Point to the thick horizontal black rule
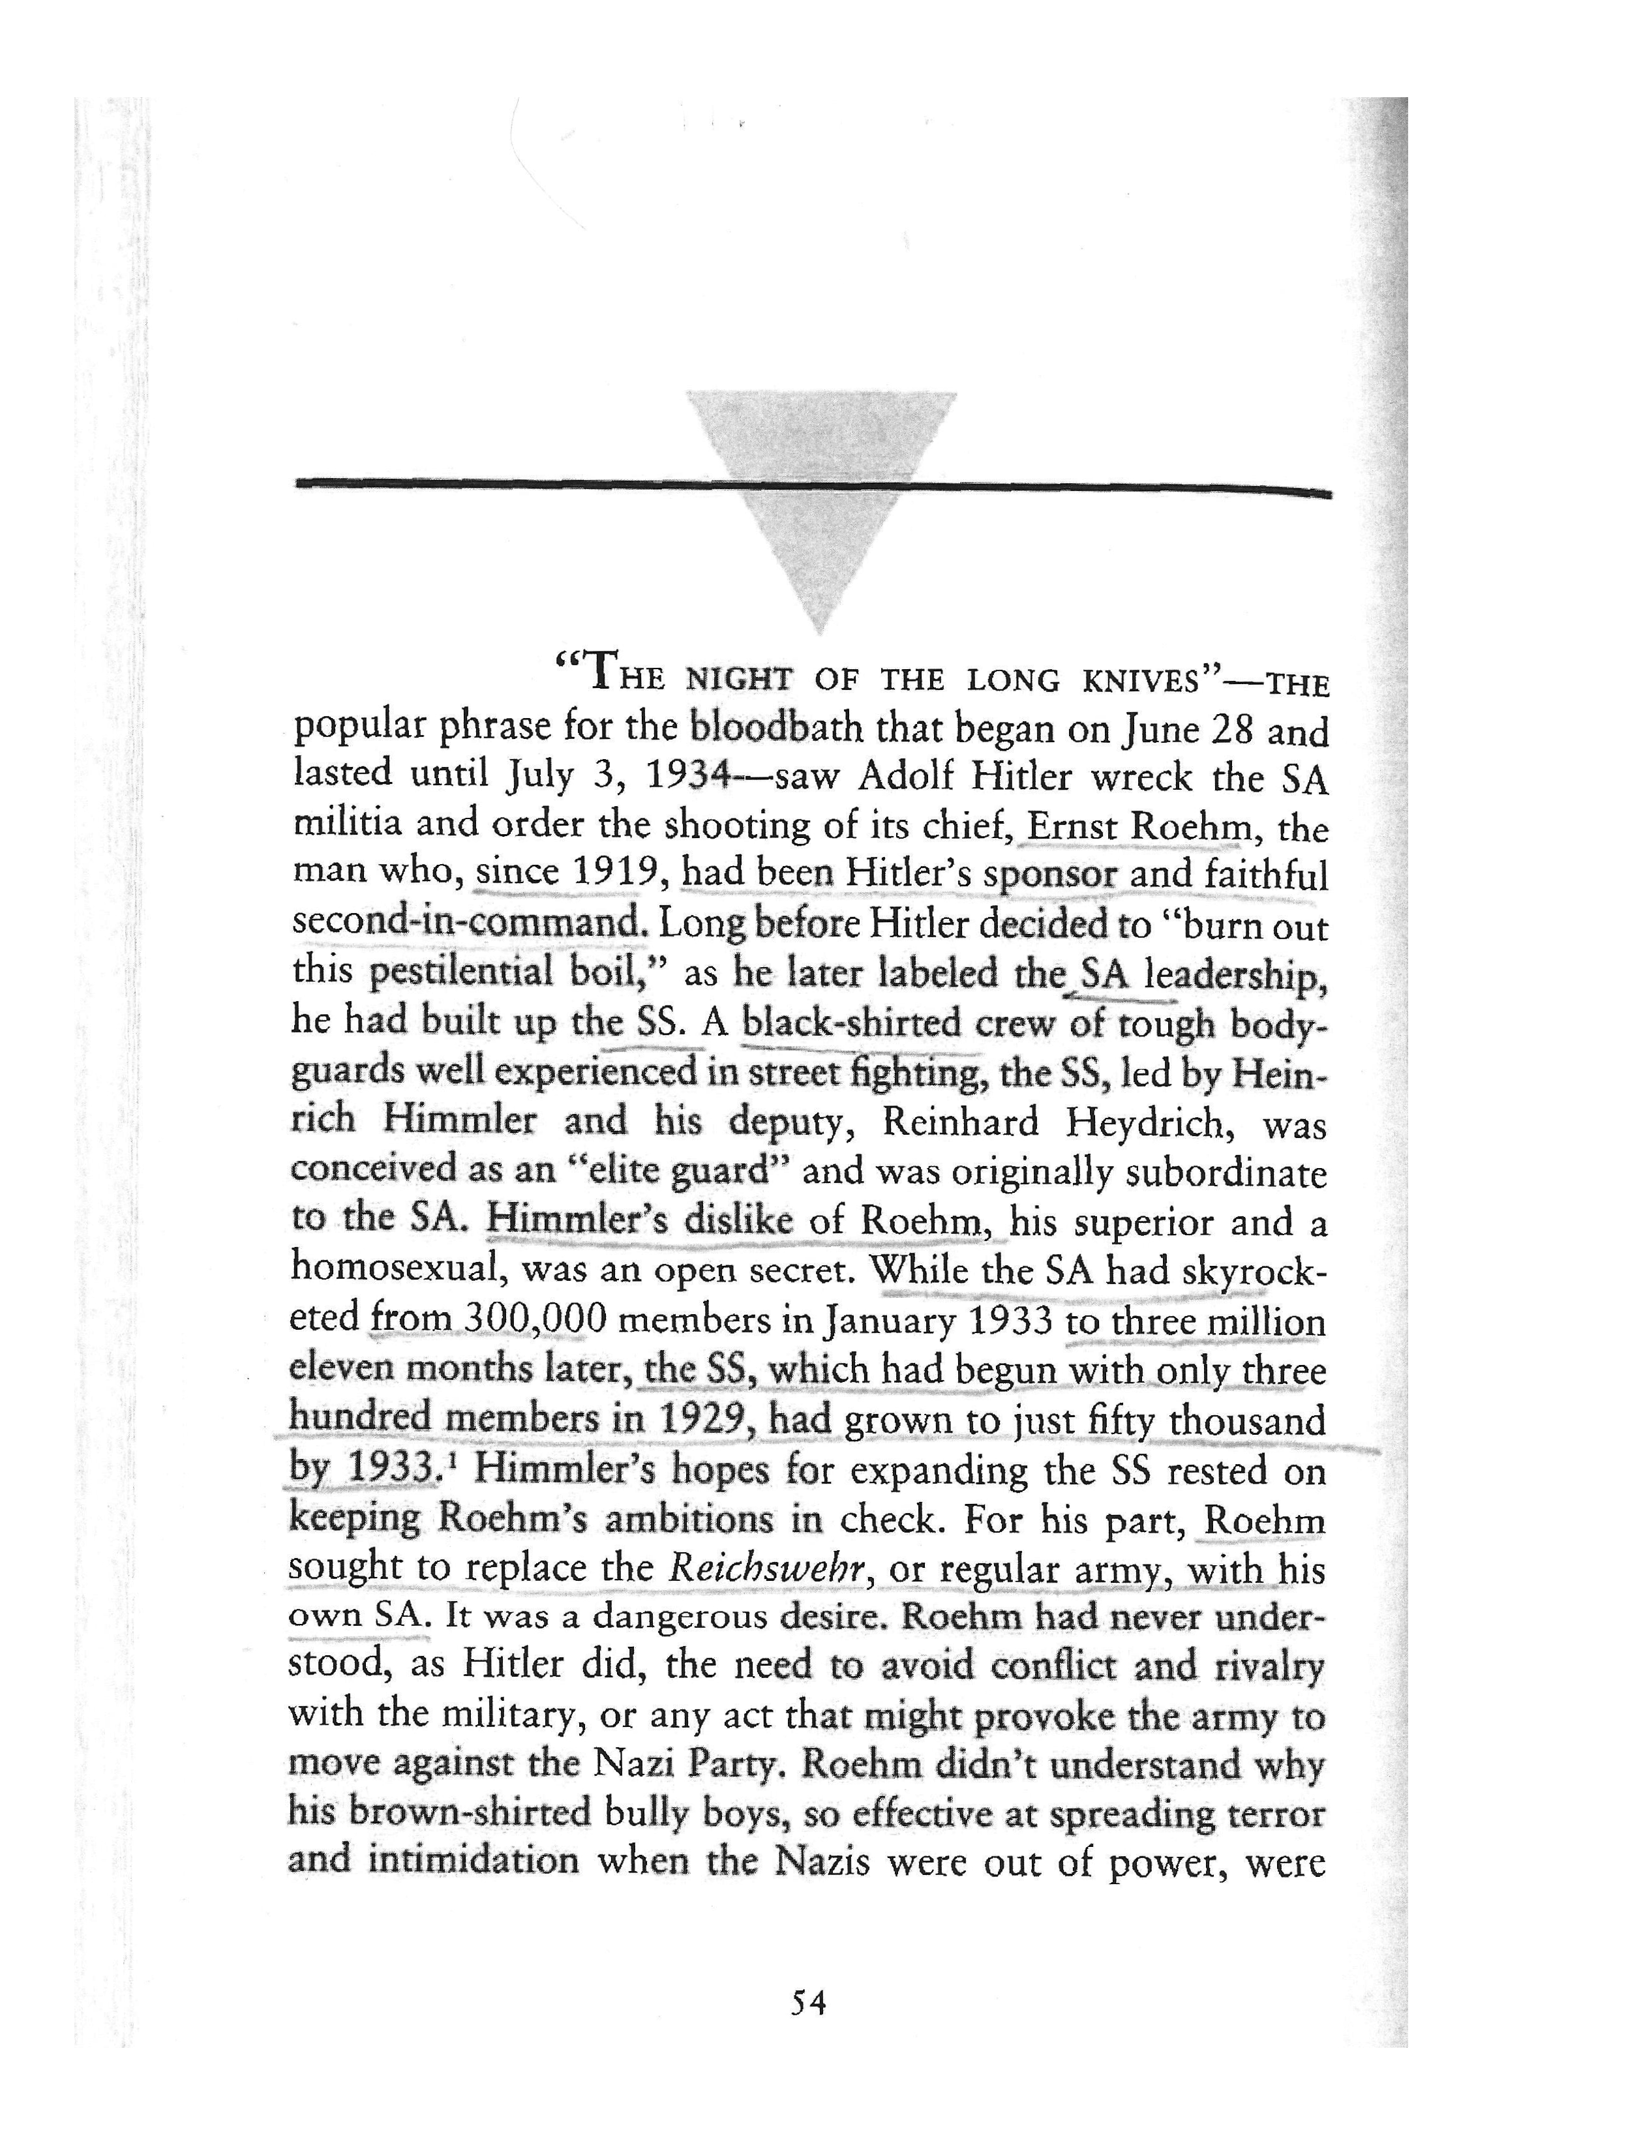[489, 483]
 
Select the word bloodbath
[777, 728]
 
